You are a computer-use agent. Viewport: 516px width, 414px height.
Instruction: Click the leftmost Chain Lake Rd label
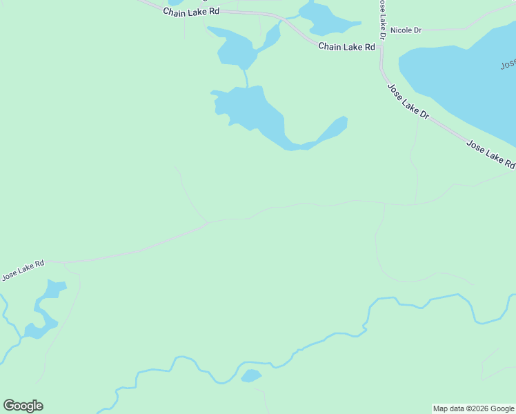191,12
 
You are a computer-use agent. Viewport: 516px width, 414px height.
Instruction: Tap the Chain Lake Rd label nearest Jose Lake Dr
346,47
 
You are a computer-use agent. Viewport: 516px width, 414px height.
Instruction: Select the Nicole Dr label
406,30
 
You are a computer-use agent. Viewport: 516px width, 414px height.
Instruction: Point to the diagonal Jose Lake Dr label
408,102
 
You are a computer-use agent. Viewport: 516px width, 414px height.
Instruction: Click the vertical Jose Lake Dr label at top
380,19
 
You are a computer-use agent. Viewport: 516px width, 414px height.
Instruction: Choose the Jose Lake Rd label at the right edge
490,154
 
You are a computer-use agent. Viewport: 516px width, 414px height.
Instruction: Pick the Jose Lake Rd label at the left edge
23,270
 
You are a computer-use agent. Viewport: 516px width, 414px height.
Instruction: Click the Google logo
23,406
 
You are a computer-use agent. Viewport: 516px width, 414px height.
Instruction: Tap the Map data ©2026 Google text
473,408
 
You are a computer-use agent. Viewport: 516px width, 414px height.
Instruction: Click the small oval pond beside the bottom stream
250,376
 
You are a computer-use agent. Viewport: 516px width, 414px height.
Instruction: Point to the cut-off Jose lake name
508,65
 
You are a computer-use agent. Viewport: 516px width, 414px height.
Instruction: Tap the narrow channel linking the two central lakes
245,77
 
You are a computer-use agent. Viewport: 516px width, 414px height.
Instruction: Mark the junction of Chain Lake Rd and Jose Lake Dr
381,47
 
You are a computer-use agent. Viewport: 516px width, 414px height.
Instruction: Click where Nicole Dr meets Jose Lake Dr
381,31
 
